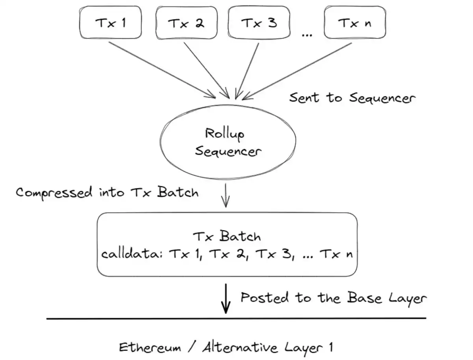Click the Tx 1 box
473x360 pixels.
click(x=111, y=23)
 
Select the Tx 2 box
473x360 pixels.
click(x=187, y=23)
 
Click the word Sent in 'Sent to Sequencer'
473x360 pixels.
click(x=304, y=97)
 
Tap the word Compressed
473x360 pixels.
click(x=54, y=193)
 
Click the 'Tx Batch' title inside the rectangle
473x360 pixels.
click(x=227, y=236)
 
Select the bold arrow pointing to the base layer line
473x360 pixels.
click(x=225, y=299)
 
